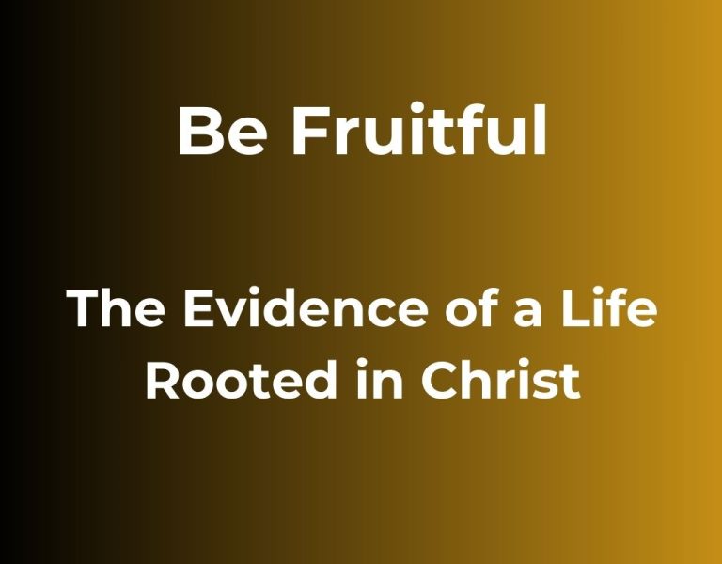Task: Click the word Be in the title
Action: point(222,132)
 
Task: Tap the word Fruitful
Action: point(419,129)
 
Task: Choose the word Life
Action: point(609,308)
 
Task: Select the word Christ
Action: point(500,381)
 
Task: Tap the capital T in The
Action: point(84,309)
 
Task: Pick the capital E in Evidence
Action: point(198,309)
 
